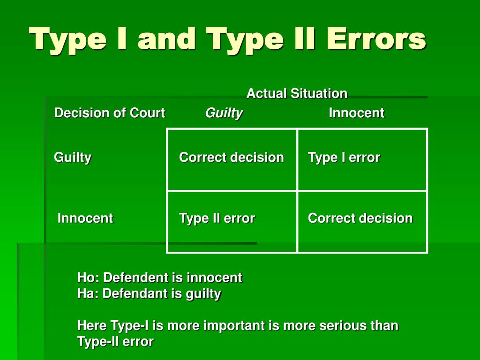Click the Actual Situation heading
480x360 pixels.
pos(297,93)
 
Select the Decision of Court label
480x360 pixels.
pos(109,113)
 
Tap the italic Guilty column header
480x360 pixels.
pos(224,113)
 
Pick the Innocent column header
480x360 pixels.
pos(356,113)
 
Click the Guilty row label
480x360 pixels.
pos(73,157)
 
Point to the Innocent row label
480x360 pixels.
pos(85,218)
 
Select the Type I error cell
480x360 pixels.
pos(344,157)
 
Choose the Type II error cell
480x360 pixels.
pos(217,218)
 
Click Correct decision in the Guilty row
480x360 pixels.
pos(231,157)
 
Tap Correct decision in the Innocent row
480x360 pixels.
pos(360,218)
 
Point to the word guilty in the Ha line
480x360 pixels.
pos(203,294)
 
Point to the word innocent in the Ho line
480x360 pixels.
pos(214,277)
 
